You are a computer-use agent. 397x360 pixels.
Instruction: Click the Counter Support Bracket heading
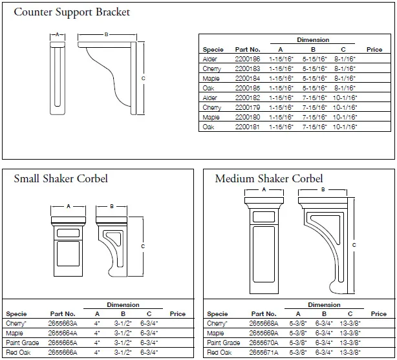coord(72,12)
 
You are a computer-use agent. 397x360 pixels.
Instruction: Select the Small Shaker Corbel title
coord(61,178)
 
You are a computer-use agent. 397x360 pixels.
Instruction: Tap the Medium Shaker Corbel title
coord(269,178)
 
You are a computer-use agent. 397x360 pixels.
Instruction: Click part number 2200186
coord(248,59)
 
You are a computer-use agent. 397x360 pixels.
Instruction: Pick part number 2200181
coord(248,127)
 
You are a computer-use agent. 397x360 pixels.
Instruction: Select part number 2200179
coord(248,107)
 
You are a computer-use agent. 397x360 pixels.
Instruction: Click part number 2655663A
coord(62,323)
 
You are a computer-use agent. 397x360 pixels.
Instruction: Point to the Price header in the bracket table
coord(374,49)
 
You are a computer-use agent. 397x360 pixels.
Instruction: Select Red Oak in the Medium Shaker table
coord(220,352)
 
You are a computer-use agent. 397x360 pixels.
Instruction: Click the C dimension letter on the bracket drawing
coord(143,78)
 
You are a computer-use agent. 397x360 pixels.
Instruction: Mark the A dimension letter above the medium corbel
coord(263,190)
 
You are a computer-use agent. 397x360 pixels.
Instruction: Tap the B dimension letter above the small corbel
coord(111,207)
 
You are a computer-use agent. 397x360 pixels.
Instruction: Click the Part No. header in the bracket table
coord(248,49)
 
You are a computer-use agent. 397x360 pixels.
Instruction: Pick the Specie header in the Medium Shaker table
coord(217,314)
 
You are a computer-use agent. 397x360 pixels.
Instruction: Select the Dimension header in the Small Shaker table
coord(123,305)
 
